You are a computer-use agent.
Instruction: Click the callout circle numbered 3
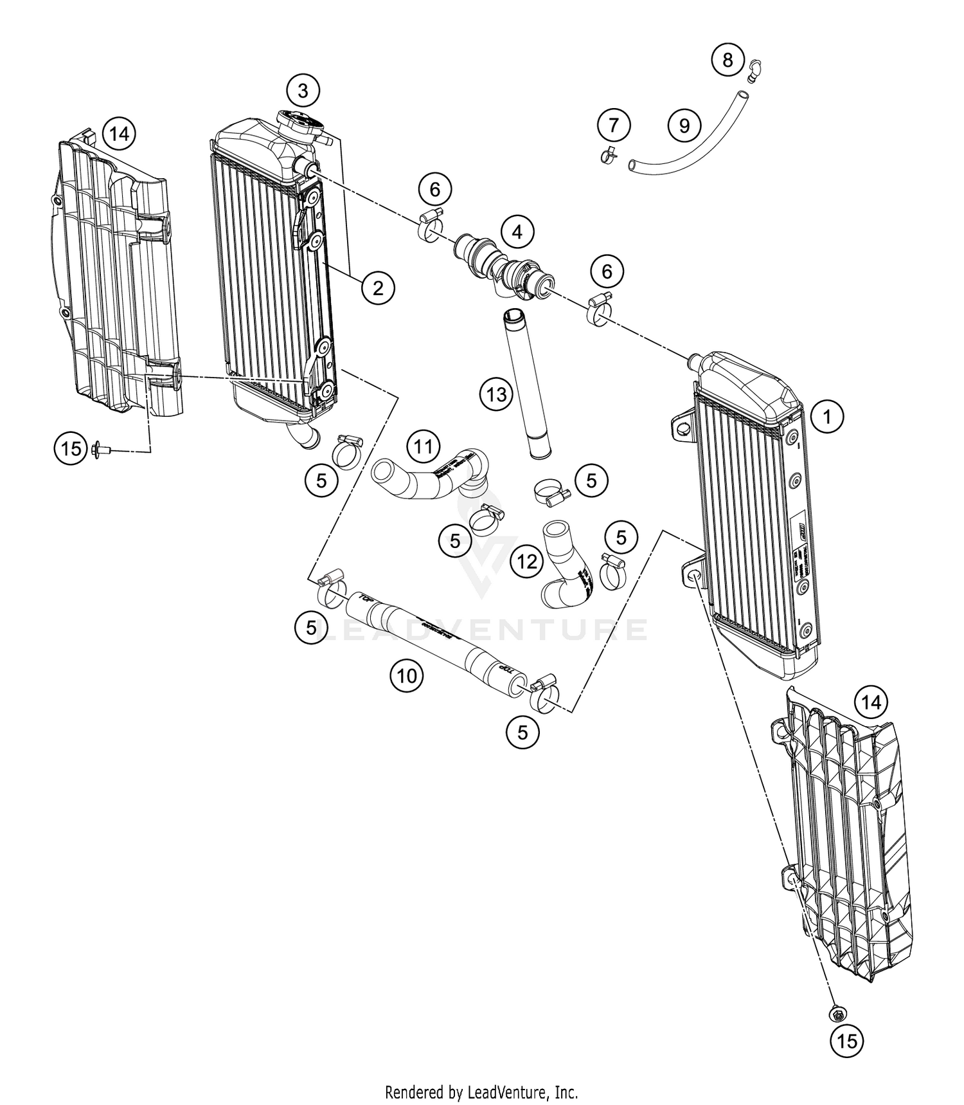coord(303,91)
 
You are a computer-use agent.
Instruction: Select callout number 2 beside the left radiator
coord(378,287)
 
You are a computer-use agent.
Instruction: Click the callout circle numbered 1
coord(828,417)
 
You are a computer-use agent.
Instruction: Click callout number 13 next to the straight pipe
coord(496,394)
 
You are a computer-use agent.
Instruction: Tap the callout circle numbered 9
coord(684,124)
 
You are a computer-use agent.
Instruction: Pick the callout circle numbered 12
coord(527,562)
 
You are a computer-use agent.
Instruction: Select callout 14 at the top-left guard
coord(118,134)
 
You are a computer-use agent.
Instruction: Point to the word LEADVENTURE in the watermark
coord(482,630)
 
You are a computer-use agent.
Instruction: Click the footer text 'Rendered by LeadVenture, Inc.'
coord(481,1091)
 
